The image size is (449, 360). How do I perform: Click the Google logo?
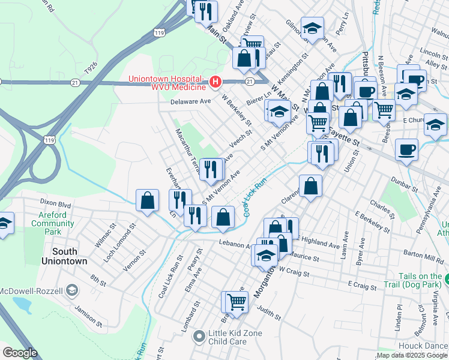[20, 353]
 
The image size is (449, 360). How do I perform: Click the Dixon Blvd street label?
[55, 203]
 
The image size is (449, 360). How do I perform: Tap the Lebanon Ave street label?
[235, 245]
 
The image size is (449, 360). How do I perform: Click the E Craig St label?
[361, 286]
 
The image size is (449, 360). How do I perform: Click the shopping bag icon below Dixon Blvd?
[147, 201]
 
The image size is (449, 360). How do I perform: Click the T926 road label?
[91, 70]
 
